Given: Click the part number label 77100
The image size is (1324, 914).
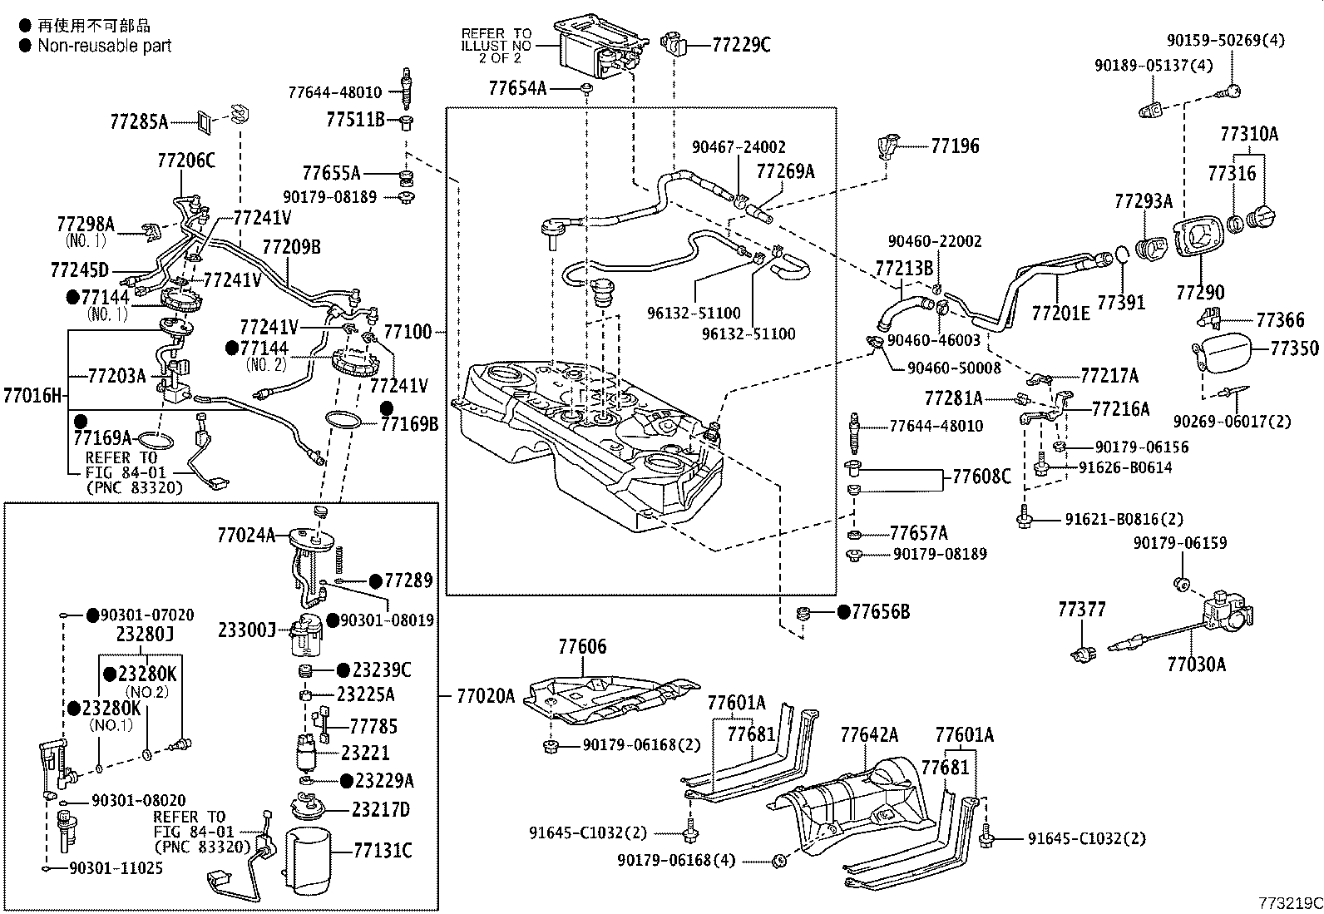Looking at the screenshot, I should click(408, 333).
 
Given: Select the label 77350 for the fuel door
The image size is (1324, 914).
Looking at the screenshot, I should click(1293, 348).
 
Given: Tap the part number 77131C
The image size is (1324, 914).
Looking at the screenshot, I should click(382, 851).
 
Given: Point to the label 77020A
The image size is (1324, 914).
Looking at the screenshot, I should click(486, 696).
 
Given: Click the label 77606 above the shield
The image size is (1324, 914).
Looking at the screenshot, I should click(582, 646).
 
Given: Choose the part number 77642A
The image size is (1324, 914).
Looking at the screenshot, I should click(869, 734).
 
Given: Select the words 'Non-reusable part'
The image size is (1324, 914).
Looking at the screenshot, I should click(104, 46).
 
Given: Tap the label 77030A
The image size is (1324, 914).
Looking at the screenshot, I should click(1196, 664).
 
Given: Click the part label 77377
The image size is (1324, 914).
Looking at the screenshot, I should click(1081, 610).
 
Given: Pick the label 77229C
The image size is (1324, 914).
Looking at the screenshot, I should click(741, 45).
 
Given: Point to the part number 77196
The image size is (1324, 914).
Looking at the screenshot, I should click(955, 146).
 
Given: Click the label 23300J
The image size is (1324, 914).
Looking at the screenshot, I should click(246, 630).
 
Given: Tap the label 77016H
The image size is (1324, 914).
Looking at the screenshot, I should click(32, 395).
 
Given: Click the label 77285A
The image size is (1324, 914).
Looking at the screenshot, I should click(139, 123).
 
